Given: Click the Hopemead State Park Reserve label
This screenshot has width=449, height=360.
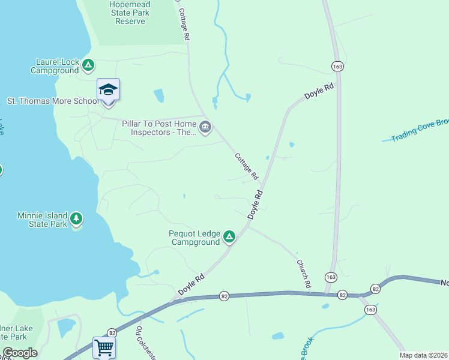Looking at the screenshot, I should click(130, 13).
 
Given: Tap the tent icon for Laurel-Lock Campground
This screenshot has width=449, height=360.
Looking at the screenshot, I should click(88, 64).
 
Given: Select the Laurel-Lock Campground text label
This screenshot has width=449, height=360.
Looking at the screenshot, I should click(57, 66).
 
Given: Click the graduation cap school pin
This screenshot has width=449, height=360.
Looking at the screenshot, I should click(108, 91).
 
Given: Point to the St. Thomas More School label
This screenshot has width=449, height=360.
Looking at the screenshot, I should click(52, 101).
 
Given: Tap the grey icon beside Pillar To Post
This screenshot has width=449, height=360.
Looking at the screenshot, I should click(205, 127).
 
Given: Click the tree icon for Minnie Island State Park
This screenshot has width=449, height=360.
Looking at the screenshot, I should click(76, 218).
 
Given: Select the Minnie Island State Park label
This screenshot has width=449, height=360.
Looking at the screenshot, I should click(49, 220).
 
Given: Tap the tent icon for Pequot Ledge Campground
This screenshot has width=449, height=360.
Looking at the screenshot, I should click(229, 236).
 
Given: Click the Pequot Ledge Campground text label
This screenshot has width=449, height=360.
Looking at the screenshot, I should click(196, 238).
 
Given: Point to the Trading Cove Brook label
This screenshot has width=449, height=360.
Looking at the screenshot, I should click(419, 130).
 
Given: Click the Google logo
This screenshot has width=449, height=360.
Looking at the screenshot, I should click(20, 353).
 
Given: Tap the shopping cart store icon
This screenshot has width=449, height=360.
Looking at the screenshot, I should click(104, 347).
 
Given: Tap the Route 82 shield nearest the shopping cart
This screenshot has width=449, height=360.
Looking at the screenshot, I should click(112, 332).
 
